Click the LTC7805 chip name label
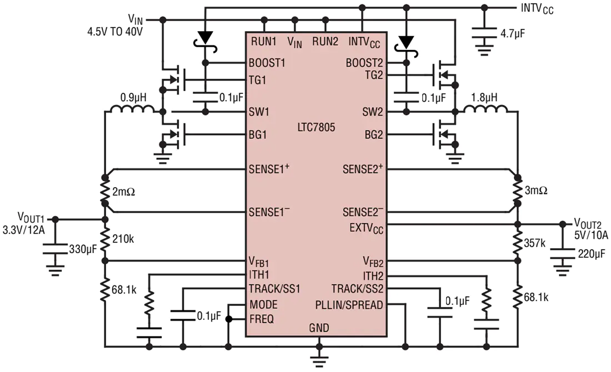point(316,127)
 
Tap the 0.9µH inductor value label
point(133,97)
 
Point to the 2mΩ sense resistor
point(104,190)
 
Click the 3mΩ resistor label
point(536,190)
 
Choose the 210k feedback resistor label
point(123,239)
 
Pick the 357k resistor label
point(534,243)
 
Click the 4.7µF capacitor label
point(513,34)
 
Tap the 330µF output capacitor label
point(83,249)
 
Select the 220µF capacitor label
point(592,254)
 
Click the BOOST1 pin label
point(267,63)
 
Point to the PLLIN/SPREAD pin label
point(349,305)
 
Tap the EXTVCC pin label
point(366,228)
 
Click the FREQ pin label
point(262,319)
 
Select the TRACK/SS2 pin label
point(357,289)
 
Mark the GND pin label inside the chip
point(319,328)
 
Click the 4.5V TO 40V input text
point(115,32)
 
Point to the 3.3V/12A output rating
point(24,230)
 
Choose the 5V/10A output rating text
point(591,235)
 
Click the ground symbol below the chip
point(319,360)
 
